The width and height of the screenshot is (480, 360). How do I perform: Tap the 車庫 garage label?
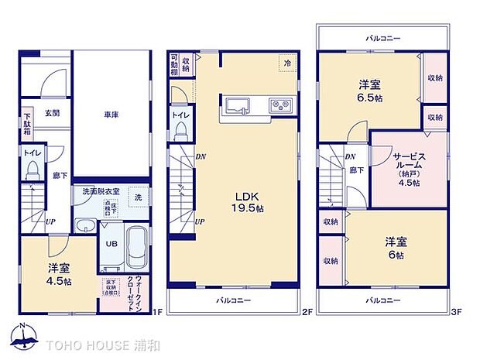[x=111, y=115]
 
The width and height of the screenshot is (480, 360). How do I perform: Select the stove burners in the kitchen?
[x=279, y=105]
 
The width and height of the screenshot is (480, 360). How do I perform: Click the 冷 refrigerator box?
[x=287, y=63]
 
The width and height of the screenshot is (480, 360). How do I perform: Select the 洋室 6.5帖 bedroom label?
[x=369, y=91]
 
